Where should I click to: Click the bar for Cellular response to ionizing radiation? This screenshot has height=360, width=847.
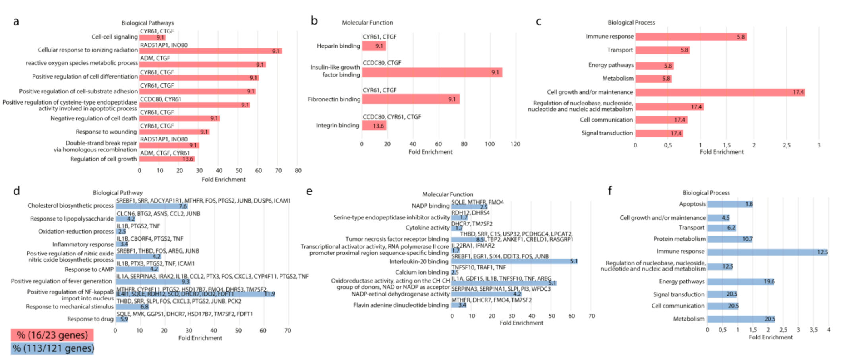click(x=211, y=51)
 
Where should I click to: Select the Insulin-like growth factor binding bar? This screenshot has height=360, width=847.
click(x=432, y=72)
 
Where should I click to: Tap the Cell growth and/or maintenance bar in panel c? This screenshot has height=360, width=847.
click(x=720, y=92)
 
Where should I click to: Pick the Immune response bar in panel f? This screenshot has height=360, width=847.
click(x=767, y=252)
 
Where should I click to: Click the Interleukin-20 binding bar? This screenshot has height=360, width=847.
click(x=514, y=261)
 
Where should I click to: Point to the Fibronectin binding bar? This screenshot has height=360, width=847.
click(x=410, y=99)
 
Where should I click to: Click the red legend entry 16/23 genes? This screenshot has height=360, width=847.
click(x=52, y=335)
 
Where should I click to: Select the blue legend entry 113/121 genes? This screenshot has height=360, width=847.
click(x=52, y=348)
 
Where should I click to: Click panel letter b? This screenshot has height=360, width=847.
click(x=314, y=21)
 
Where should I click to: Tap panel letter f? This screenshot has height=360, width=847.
click(x=610, y=191)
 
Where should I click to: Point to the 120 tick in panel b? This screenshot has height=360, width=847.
click(x=515, y=144)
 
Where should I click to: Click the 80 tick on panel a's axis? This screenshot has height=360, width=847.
click(x=298, y=170)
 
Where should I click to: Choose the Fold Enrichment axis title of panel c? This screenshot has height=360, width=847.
click(x=721, y=152)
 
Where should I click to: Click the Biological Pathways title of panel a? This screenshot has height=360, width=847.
click(x=147, y=23)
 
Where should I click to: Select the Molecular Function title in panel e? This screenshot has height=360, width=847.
click(x=447, y=194)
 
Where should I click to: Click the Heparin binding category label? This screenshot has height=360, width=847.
click(x=338, y=46)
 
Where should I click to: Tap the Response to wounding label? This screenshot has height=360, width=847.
click(x=106, y=132)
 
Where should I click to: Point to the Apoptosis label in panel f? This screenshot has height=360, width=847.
click(x=692, y=204)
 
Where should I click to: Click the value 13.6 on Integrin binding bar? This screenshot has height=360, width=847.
click(x=378, y=126)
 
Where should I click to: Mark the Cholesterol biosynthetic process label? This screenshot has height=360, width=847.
click(x=70, y=205)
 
